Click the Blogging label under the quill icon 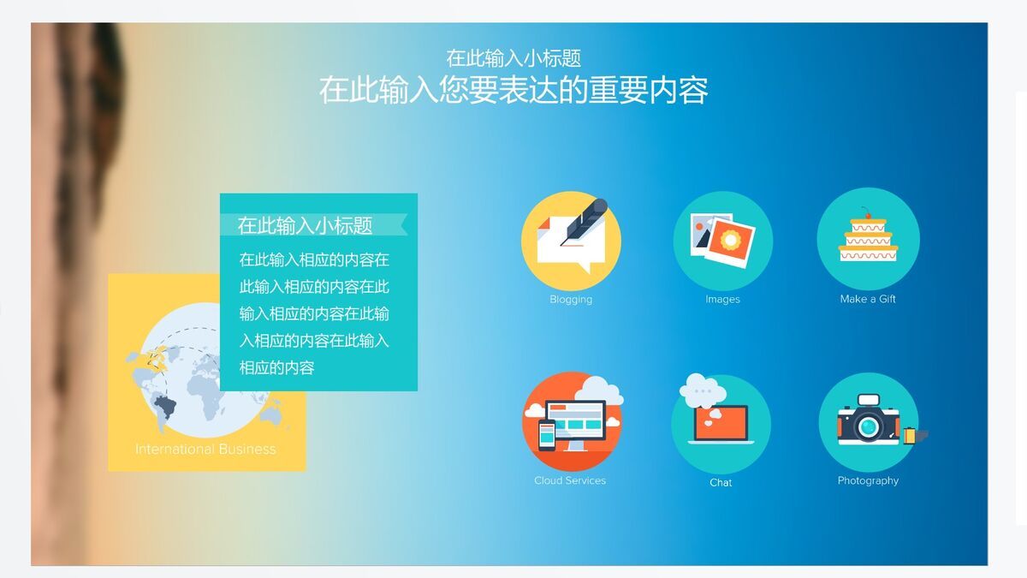coord(571,300)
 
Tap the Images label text coord(722,300)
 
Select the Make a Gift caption coord(868,299)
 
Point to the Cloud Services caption coord(570,480)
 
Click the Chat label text coord(721,483)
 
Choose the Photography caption coord(868,480)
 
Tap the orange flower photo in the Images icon coord(730,239)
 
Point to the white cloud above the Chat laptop coord(703,390)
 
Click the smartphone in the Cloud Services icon coord(547,437)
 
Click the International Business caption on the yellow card coord(205,449)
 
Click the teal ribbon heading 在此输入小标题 coord(306,226)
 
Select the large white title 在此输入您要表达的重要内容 coord(513,90)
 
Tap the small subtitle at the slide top coord(513,58)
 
